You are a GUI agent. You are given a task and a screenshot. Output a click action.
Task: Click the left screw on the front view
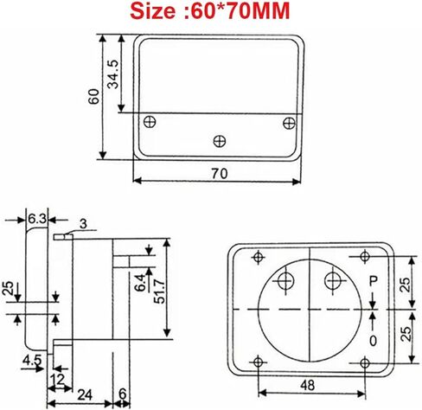[x=151, y=121]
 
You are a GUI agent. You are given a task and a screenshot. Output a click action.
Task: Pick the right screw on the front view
[x=288, y=121]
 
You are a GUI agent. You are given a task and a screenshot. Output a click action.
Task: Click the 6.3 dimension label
[x=36, y=219]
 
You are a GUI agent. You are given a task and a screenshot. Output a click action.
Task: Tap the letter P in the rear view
[x=374, y=281]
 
